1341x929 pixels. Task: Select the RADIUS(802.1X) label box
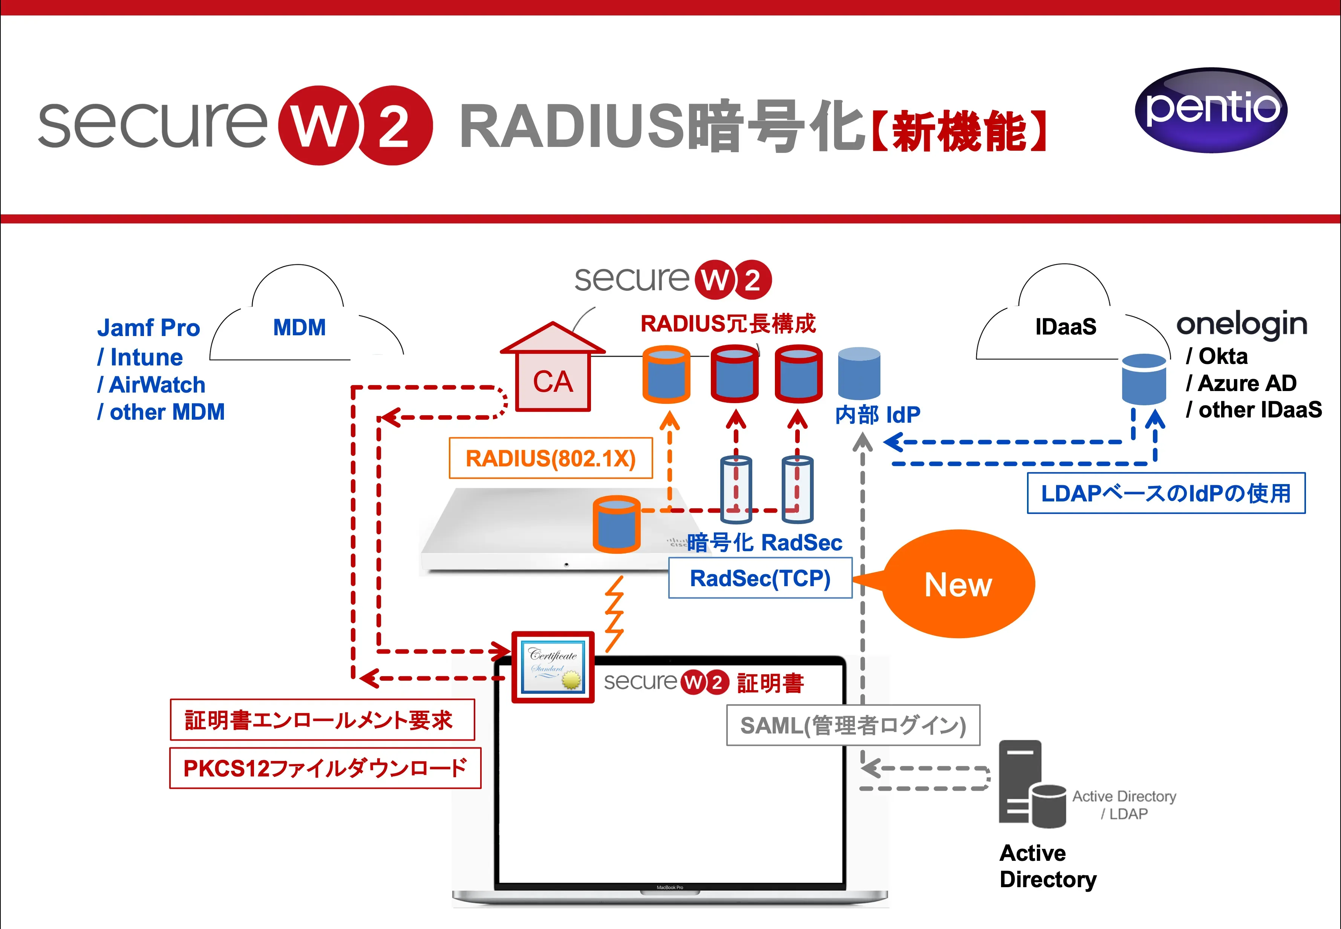click(550, 458)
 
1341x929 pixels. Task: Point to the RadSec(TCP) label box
click(760, 578)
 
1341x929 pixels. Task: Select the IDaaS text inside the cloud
click(1065, 327)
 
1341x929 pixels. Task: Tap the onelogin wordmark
click(1241, 324)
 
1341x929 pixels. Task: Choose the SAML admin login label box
click(853, 725)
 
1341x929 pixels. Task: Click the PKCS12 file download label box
click(325, 769)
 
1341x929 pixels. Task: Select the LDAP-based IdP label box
click(1166, 493)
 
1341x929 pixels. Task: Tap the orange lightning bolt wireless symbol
click(614, 614)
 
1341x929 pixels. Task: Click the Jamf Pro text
click(148, 328)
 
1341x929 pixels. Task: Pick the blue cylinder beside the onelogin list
click(1144, 379)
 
